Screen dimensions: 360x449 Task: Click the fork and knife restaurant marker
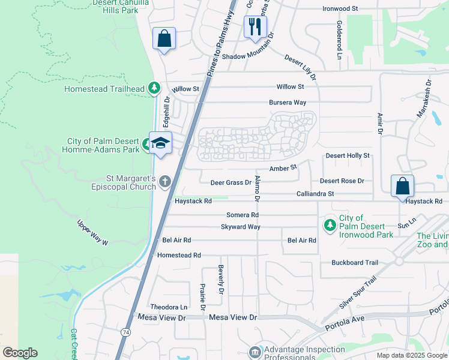pyautogui.click(x=255, y=27)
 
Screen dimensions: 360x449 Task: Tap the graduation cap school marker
pyautogui.click(x=160, y=143)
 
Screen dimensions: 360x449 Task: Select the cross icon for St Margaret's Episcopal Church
pyautogui.click(x=165, y=182)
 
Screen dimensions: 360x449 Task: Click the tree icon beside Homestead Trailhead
pyautogui.click(x=154, y=88)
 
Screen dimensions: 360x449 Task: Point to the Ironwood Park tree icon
pyautogui.click(x=329, y=226)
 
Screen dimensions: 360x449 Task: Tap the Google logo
pyautogui.click(x=20, y=353)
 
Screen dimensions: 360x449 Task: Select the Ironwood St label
pyautogui.click(x=340, y=9)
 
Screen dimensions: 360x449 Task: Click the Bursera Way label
pyautogui.click(x=288, y=103)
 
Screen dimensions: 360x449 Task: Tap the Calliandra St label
pyautogui.click(x=315, y=194)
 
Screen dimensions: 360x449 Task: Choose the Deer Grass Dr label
pyautogui.click(x=231, y=182)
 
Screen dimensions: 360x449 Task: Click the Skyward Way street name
pyautogui.click(x=241, y=227)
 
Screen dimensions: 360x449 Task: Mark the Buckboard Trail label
pyautogui.click(x=355, y=263)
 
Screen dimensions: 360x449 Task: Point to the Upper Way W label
pyautogui.click(x=92, y=233)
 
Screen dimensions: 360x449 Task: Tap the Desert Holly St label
pyautogui.click(x=348, y=156)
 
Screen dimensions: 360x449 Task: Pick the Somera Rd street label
pyautogui.click(x=243, y=215)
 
